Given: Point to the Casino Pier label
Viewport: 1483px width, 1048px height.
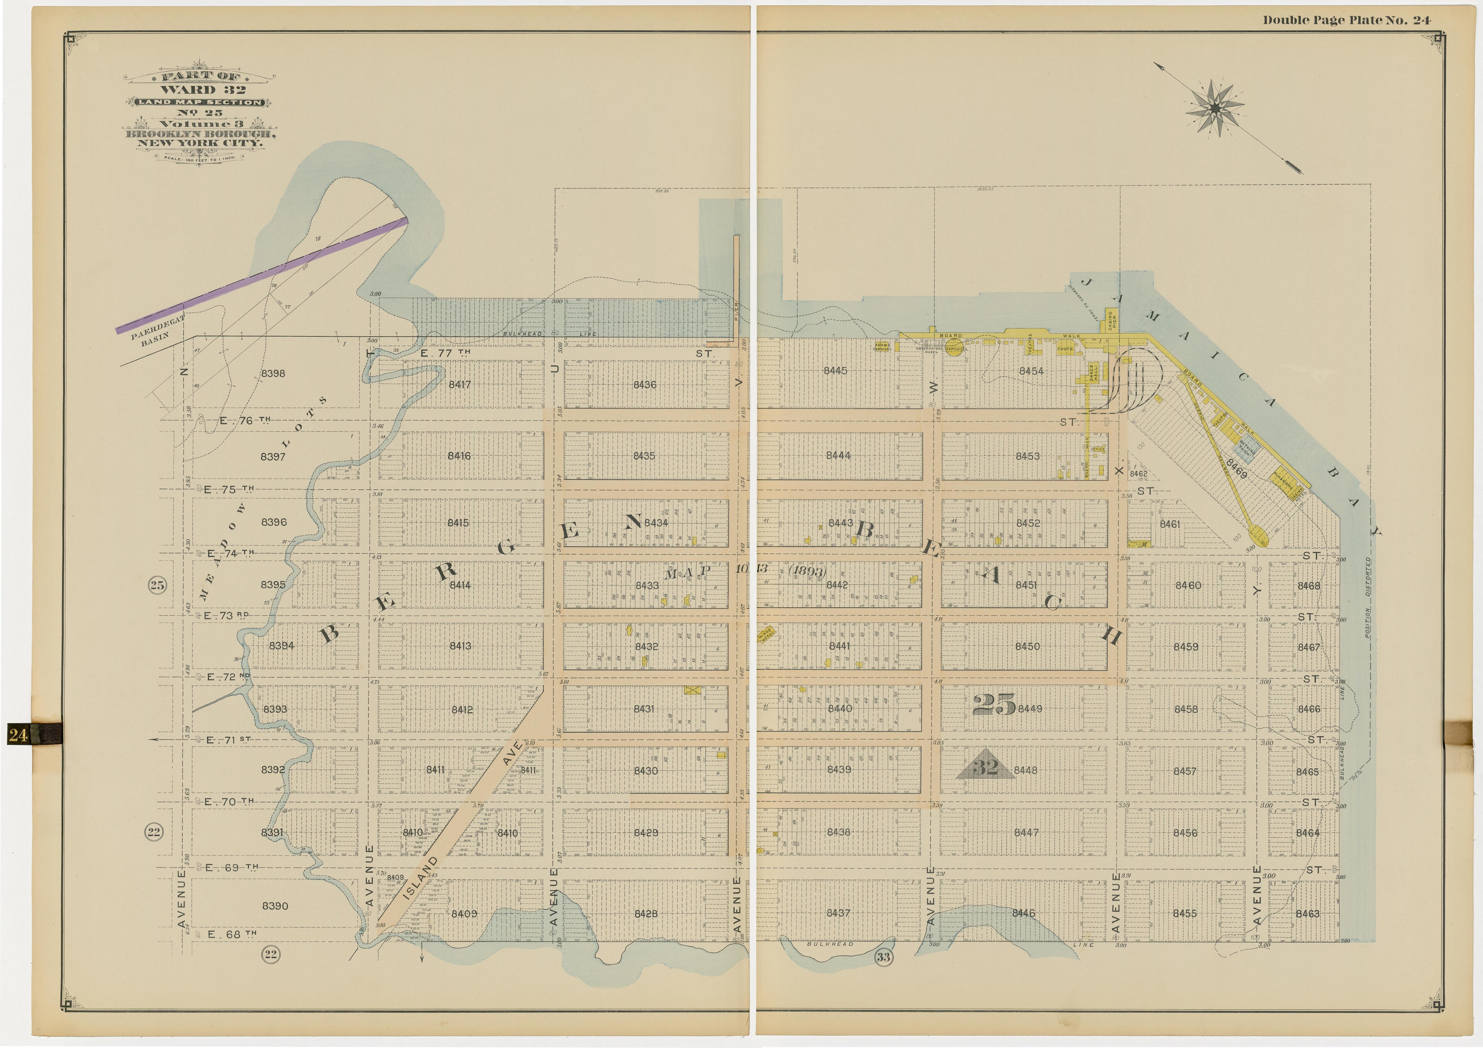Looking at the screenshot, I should tap(1112, 319).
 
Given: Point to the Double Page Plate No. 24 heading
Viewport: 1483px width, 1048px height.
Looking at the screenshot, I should tap(1347, 20).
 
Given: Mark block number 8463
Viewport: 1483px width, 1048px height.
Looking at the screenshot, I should tap(1307, 914).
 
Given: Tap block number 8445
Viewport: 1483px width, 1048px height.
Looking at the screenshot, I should tap(835, 371).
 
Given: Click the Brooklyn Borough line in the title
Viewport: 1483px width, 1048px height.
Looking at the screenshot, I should tap(201, 134).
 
